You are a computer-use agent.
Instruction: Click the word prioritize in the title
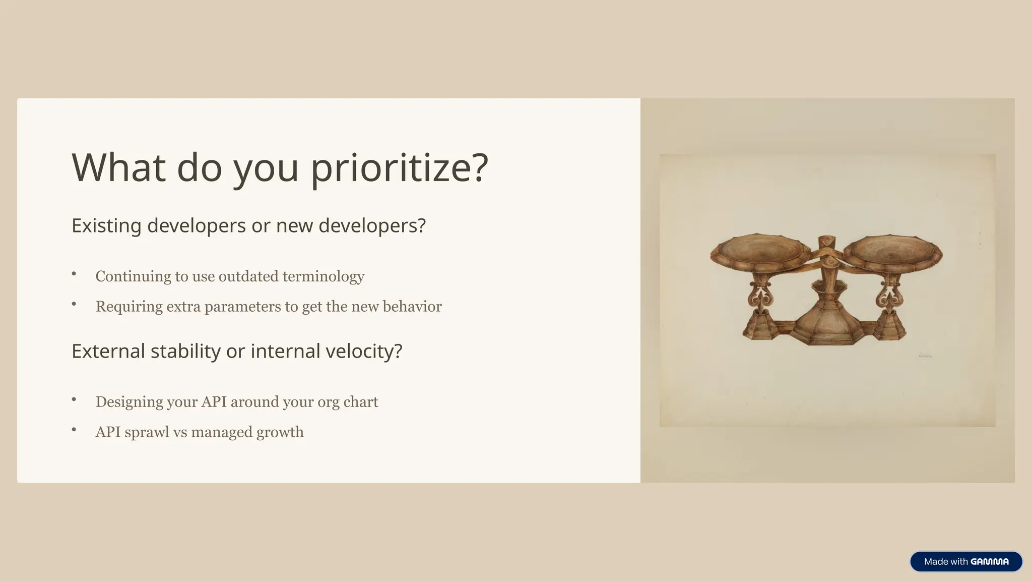[399, 168]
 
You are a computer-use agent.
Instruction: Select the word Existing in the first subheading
[106, 225]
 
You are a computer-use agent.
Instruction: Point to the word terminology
[323, 276]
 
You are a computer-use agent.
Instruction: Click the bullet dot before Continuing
[74, 274]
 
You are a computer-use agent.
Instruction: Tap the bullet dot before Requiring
[74, 304]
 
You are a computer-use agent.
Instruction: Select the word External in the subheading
[108, 351]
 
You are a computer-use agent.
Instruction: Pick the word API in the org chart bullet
[214, 402]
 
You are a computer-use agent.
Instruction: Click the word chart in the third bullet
[360, 402]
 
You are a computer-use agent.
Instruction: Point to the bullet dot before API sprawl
[74, 430]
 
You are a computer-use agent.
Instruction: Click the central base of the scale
[826, 328]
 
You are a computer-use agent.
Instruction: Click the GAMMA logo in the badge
[989, 562]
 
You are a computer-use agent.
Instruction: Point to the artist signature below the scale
[925, 356]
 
